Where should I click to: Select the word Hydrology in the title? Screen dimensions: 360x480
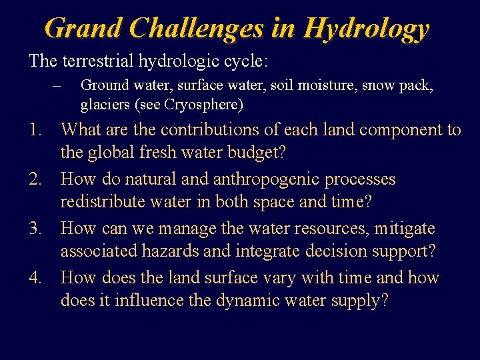coord(365,28)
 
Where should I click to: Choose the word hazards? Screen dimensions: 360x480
coord(166,251)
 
